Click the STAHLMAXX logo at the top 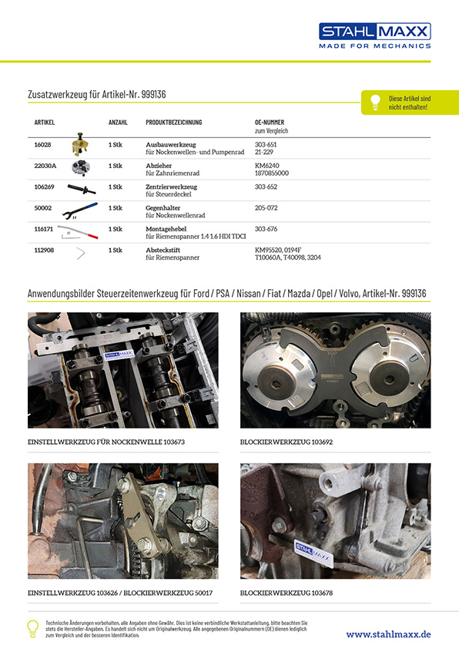point(374,35)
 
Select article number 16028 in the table point(42,145)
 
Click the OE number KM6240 point(266,166)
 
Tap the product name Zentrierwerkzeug point(171,187)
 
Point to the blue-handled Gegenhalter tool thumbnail point(80,210)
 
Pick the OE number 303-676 point(266,229)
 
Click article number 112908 point(44,250)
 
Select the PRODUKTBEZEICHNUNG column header point(174,122)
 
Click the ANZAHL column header point(118,122)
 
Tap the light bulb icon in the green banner point(375,102)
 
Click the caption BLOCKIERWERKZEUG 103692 point(286,442)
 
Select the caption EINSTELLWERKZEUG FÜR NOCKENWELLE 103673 point(106,442)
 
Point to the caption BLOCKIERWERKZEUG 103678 point(286,594)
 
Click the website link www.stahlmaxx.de point(388,634)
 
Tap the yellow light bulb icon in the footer point(32,628)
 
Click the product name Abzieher point(159,166)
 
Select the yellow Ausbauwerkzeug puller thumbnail point(80,144)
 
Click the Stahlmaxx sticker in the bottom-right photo point(313,552)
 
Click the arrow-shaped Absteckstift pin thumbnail point(81,254)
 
